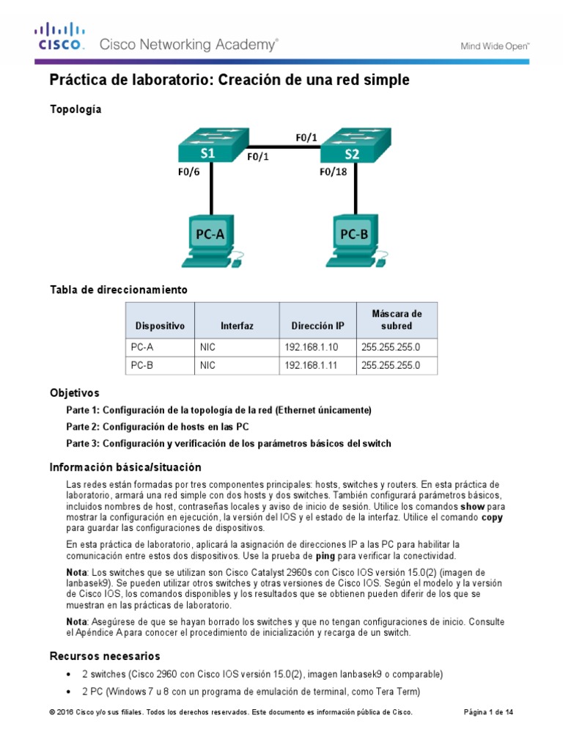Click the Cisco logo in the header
point(61,37)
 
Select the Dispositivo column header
point(160,326)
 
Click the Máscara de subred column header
point(397,320)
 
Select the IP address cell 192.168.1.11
point(309,364)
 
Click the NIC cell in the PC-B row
point(207,364)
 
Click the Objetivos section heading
point(74,393)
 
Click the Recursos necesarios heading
point(104,656)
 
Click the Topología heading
point(76,109)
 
